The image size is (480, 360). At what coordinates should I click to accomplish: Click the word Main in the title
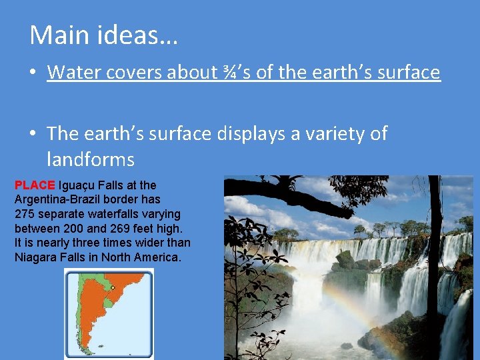pyautogui.click(x=58, y=35)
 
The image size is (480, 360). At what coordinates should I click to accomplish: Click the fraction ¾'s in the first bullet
pyautogui.click(x=233, y=72)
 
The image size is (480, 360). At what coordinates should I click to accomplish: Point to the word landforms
pyautogui.click(x=91, y=160)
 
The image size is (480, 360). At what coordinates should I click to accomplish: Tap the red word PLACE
pyautogui.click(x=35, y=185)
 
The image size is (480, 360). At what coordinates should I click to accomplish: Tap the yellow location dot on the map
pyautogui.click(x=113, y=288)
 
